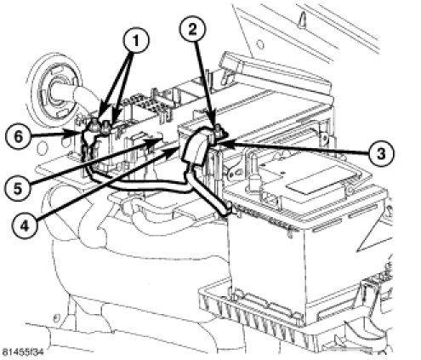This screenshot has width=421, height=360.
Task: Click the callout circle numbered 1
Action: pos(136,41)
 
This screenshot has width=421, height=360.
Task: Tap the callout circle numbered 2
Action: pos(192,29)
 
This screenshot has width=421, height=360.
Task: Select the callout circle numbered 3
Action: pos(381,153)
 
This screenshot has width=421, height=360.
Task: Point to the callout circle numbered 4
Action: pos(25,226)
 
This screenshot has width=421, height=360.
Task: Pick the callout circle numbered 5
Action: pos(17,189)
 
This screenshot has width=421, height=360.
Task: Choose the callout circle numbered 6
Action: pos(18,137)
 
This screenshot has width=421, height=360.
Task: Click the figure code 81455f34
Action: pos(22,352)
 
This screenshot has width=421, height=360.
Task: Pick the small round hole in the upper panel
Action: pos(260,44)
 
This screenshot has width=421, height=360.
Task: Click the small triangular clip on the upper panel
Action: pos(302,20)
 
